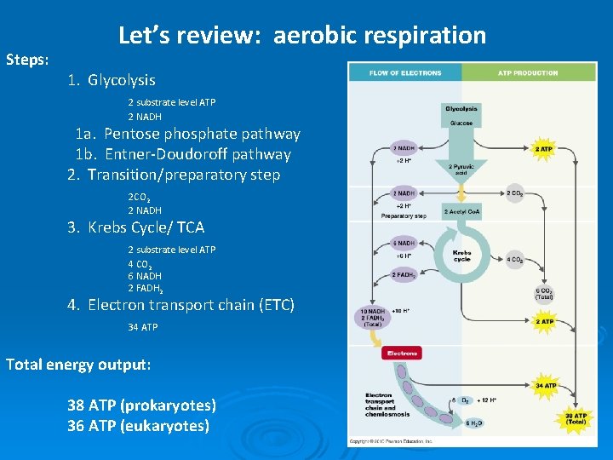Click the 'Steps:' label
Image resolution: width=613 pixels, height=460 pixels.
click(x=27, y=60)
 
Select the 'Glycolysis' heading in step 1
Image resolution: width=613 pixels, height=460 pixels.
click(x=122, y=80)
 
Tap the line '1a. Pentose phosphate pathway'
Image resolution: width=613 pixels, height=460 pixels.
click(x=187, y=134)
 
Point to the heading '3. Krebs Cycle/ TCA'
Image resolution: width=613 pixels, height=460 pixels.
click(x=136, y=227)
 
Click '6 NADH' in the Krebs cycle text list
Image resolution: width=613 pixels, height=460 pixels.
click(x=145, y=276)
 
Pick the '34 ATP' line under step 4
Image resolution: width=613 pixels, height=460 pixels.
click(x=143, y=327)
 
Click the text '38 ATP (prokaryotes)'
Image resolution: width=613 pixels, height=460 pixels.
click(x=141, y=405)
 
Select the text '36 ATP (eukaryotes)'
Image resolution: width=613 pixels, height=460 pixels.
click(x=138, y=425)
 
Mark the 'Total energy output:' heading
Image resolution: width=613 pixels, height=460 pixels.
click(x=78, y=365)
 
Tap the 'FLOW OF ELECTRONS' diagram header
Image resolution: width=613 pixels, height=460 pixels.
click(x=405, y=73)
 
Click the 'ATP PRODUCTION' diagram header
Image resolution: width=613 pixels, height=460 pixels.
click(x=528, y=73)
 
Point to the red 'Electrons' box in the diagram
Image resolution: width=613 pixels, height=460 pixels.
click(x=402, y=353)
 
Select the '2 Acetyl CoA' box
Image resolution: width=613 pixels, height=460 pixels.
click(x=461, y=211)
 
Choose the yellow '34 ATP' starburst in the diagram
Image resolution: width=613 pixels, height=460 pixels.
click(x=545, y=386)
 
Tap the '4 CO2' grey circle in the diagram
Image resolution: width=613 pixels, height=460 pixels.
click(x=515, y=260)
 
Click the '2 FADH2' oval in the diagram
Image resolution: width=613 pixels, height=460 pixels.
click(x=403, y=275)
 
